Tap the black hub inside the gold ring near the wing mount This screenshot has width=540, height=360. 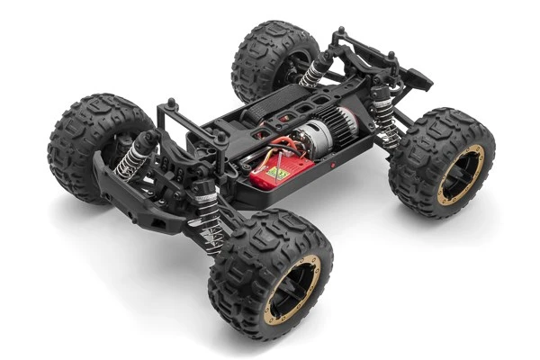(461, 177)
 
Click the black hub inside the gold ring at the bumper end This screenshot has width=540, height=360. (292, 291)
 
